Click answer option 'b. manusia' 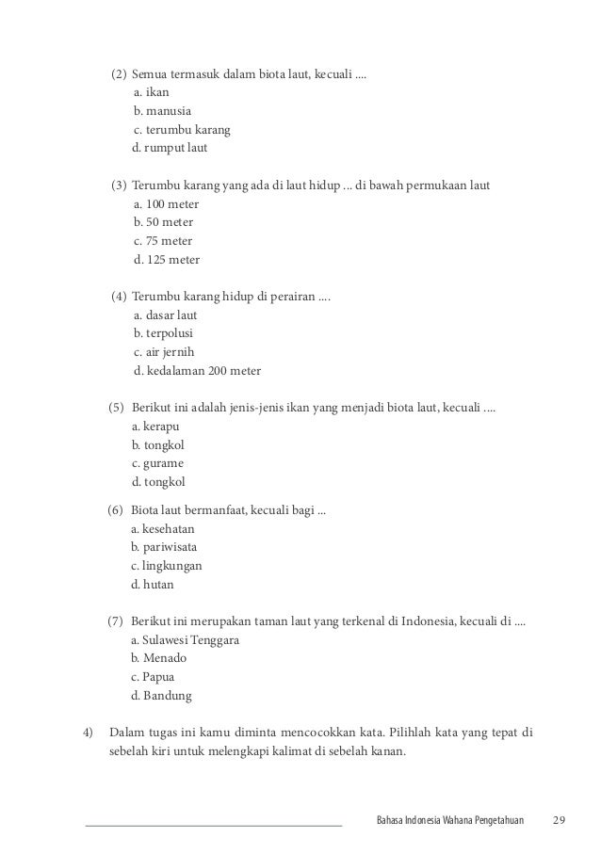tap(162, 111)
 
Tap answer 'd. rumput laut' tap(170, 147)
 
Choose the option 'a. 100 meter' tap(167, 204)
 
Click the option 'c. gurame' tap(157, 463)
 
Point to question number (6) tap(115, 510)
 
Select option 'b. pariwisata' tap(164, 547)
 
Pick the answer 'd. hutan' tap(152, 584)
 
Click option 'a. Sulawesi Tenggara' tap(186, 640)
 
